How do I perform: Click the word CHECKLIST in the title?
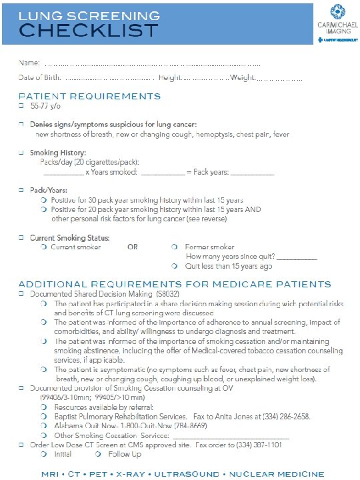click(x=89, y=30)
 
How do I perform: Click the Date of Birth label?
click(x=40, y=78)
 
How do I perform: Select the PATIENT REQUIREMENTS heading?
click(x=89, y=96)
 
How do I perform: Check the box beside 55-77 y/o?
click(x=21, y=106)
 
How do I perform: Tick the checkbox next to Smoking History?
click(x=21, y=153)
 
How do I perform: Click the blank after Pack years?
click(x=252, y=173)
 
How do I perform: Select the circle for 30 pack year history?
click(x=43, y=200)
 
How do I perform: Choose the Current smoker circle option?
click(x=43, y=247)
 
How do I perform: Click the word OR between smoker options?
click(x=133, y=247)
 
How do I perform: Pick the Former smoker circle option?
click(x=174, y=247)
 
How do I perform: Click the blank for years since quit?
click(x=297, y=257)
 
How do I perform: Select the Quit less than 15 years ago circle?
click(x=174, y=266)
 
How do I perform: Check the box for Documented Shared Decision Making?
click(x=21, y=293)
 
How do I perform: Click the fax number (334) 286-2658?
click(x=287, y=416)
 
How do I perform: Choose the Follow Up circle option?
click(x=98, y=454)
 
